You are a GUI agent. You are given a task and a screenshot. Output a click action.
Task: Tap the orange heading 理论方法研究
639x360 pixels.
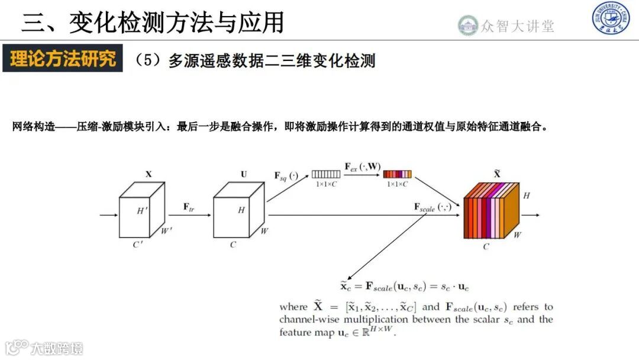tap(63, 60)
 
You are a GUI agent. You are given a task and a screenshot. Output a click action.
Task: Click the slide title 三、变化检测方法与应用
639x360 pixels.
tap(153, 22)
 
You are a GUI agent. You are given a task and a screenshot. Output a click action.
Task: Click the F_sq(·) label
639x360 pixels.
tap(286, 175)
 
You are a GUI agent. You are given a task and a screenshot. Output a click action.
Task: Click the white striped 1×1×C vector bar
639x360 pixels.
tap(326, 174)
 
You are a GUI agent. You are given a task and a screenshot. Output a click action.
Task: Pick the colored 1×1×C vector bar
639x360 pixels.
tap(397, 174)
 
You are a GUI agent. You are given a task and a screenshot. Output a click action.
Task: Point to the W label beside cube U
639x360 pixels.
tap(264, 232)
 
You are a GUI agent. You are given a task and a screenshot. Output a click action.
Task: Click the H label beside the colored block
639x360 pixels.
tap(527, 195)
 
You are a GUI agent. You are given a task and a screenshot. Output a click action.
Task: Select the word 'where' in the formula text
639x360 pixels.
tap(293, 307)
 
